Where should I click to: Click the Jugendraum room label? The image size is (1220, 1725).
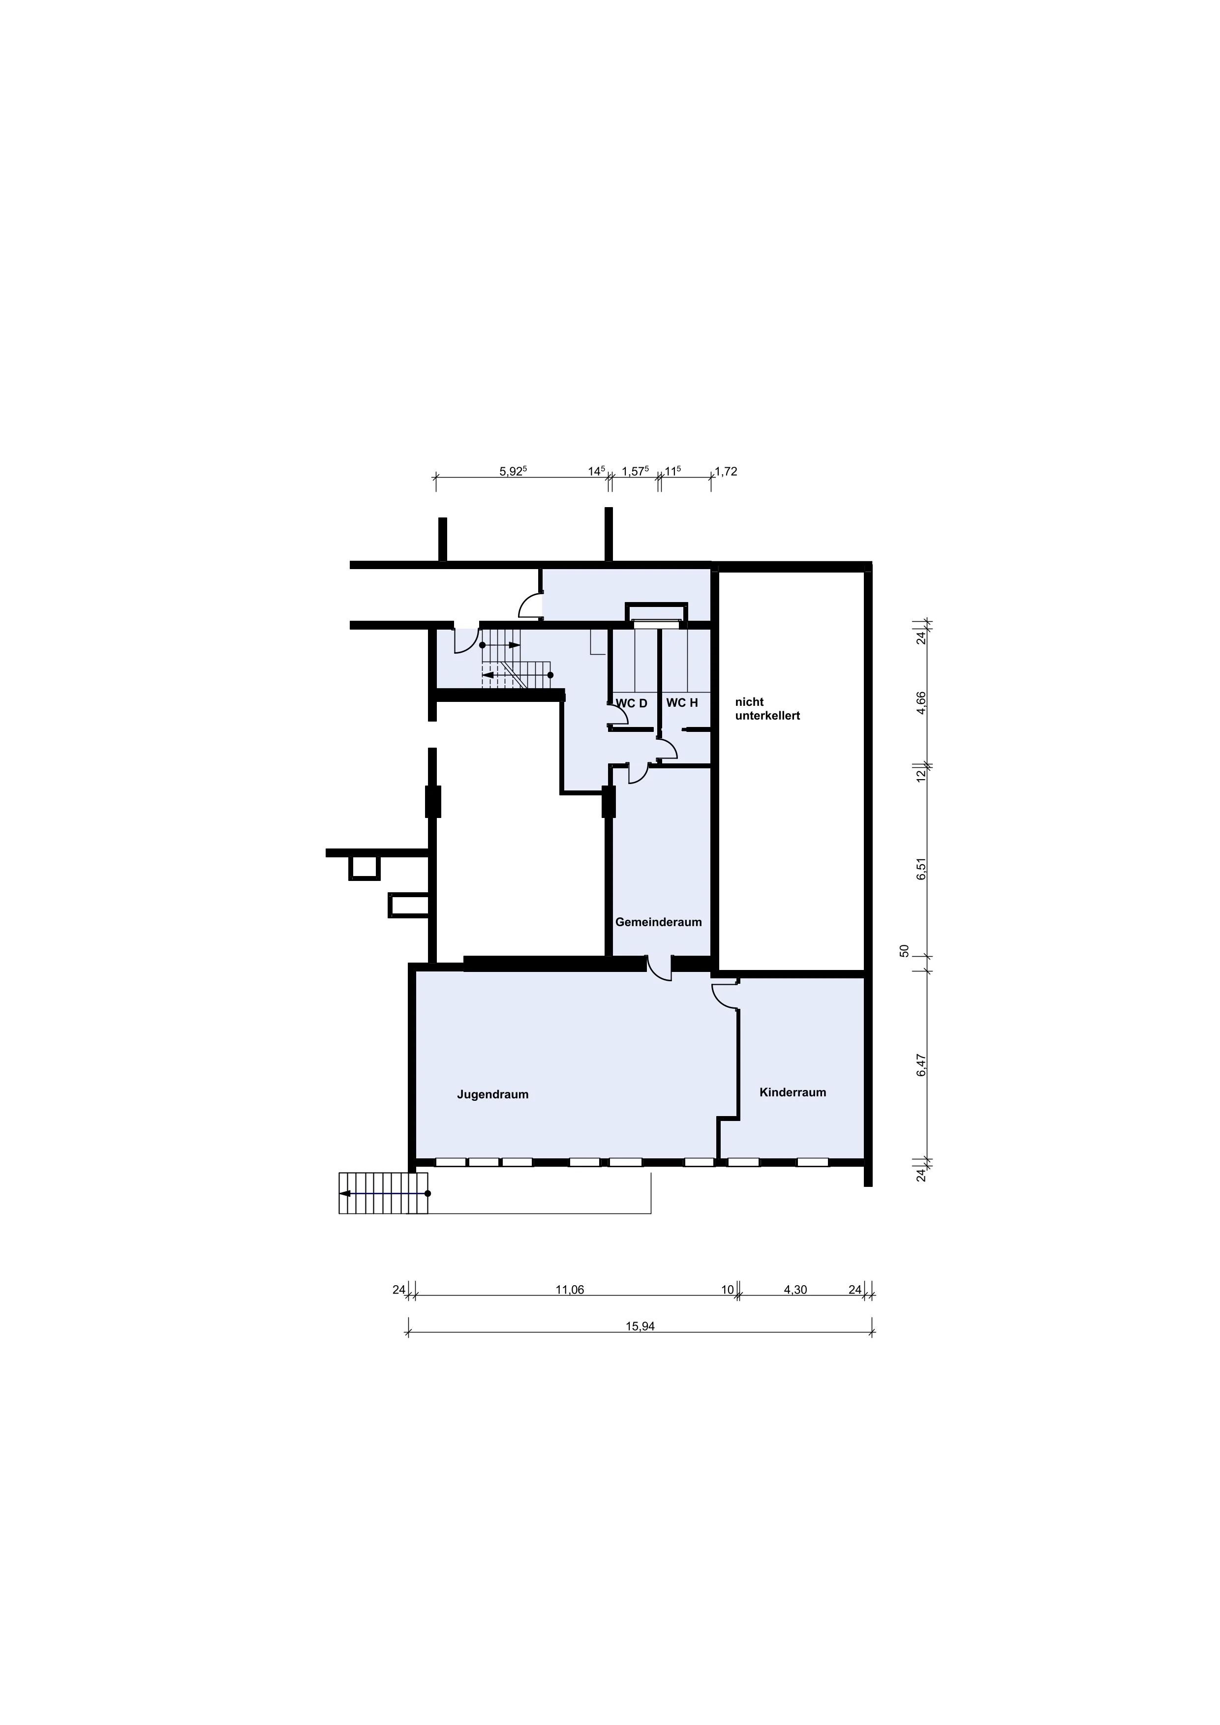493,1094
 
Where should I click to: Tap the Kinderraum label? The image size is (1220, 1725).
793,1092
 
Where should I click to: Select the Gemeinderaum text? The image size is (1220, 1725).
658,922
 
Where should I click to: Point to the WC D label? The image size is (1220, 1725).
631,703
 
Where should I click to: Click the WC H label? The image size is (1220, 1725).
682,703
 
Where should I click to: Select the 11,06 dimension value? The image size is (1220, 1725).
570,1290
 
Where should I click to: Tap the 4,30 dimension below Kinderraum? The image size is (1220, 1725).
795,1290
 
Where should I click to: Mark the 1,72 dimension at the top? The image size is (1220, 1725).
726,472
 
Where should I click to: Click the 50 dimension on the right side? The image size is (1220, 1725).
905,950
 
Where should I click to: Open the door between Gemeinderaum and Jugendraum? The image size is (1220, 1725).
659,968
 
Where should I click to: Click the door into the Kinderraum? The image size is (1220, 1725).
726,993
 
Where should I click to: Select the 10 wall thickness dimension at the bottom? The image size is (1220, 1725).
727,1290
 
